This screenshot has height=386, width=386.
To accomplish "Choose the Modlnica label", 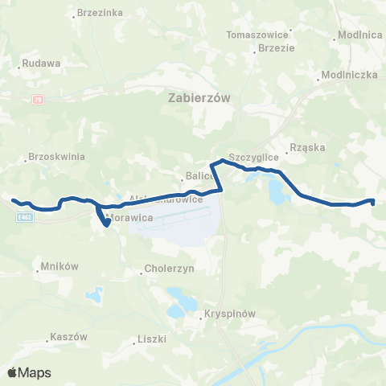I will click(359, 35).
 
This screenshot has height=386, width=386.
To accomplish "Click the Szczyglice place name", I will click(253, 157).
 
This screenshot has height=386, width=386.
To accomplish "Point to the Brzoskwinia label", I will click(56, 158).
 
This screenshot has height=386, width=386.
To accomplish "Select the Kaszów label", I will click(68, 337).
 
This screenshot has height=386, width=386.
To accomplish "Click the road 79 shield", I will click(38, 100).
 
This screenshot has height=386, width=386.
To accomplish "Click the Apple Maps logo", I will click(29, 372).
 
